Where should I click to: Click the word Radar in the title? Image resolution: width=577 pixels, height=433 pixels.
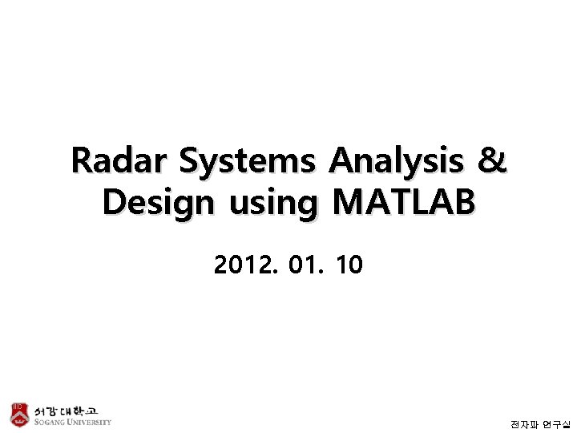pos(121,161)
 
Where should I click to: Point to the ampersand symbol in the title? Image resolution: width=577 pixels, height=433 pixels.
pos(492,161)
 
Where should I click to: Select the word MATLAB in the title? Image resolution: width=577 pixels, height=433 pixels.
pos(404,203)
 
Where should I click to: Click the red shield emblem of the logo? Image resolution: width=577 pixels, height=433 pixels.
pos(19,413)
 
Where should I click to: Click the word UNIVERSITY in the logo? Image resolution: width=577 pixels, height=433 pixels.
pos(89,422)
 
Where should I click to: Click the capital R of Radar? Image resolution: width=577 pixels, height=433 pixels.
pos(82,161)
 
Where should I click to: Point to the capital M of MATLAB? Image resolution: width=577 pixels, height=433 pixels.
pos(348,203)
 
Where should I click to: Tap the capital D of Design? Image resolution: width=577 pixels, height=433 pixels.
pos(115,203)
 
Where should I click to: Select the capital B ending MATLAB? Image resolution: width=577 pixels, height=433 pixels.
pos(464,203)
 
